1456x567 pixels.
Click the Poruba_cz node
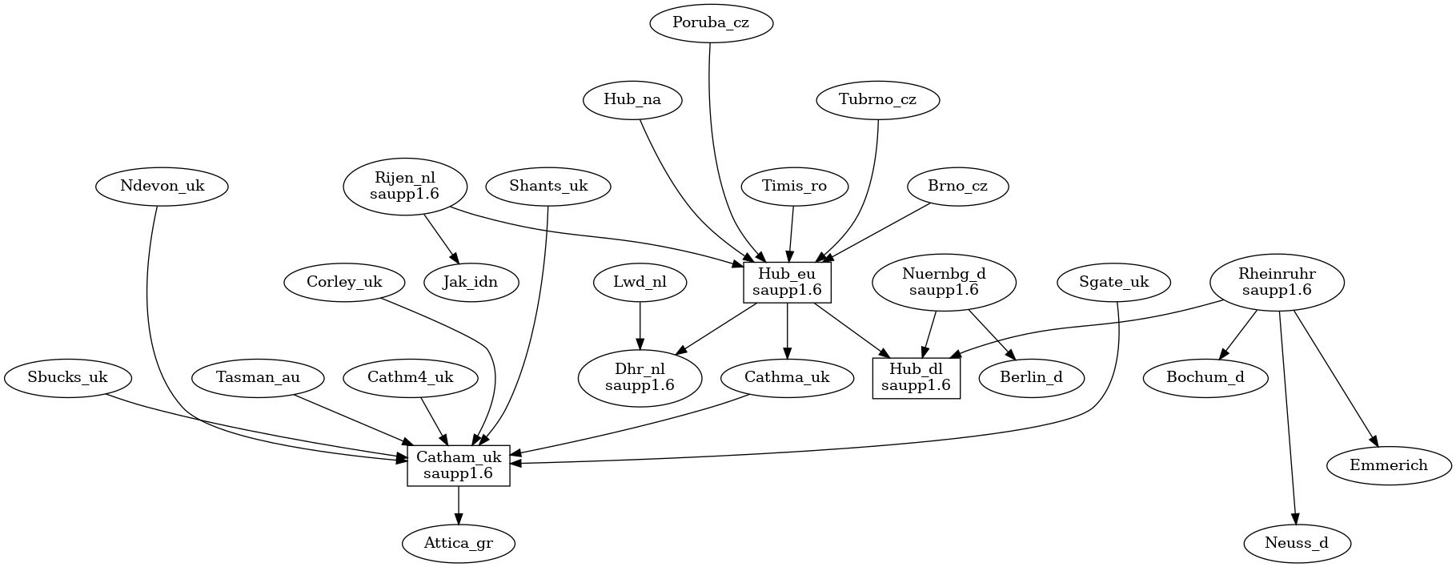(x=711, y=23)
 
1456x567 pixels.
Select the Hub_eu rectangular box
(x=788, y=283)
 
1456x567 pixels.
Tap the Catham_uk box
(x=459, y=465)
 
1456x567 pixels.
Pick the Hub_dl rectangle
(x=916, y=377)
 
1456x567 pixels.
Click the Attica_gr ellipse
(x=459, y=543)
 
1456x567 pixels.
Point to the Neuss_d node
(x=1297, y=543)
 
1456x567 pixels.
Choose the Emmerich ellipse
(x=1389, y=465)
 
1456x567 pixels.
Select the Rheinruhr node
(x=1277, y=283)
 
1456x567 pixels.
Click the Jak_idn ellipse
(x=471, y=283)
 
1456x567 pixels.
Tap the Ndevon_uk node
(x=162, y=187)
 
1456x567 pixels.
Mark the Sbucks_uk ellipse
(x=67, y=377)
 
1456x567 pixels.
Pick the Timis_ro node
(x=794, y=187)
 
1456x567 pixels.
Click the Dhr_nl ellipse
(x=640, y=377)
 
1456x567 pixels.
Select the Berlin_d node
(x=1031, y=377)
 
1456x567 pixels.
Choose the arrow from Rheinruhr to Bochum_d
(x=1238, y=336)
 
